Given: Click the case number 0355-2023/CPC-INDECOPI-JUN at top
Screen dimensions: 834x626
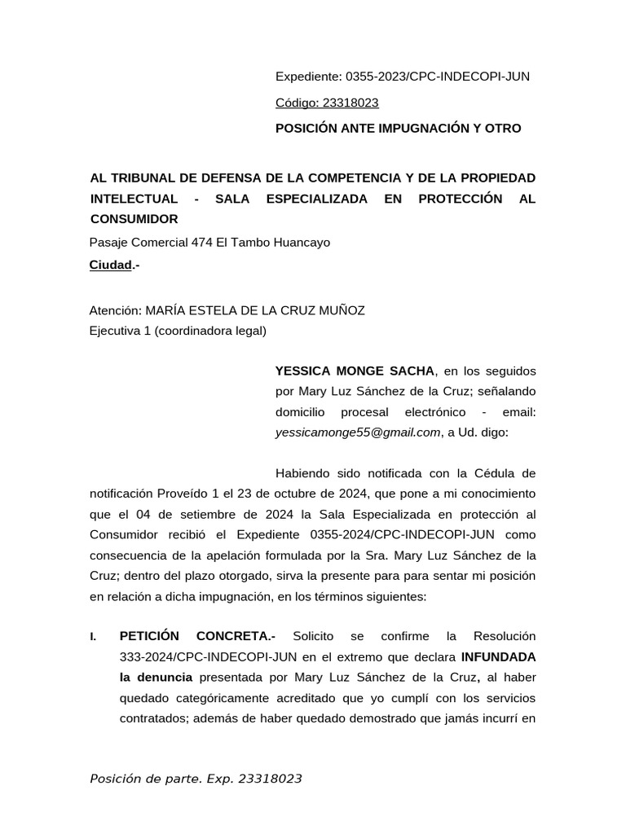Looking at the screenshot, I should (437, 77).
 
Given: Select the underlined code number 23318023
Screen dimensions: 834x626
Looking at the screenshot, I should (350, 103).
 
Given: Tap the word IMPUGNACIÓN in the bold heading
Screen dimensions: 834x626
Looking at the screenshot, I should (410, 129).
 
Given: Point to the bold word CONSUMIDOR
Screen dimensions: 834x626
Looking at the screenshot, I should (134, 219).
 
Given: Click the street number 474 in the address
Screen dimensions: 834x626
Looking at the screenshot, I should (201, 243).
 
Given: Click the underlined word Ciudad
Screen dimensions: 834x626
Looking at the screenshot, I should (110, 266).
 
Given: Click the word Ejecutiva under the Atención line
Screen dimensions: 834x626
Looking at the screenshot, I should (115, 331).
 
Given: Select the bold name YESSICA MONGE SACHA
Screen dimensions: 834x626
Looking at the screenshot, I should (356, 371).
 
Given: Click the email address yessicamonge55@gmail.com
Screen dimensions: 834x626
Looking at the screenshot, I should (358, 432).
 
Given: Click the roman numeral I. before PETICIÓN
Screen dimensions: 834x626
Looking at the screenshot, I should (93, 636).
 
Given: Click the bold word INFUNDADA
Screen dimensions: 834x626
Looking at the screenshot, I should (498, 656).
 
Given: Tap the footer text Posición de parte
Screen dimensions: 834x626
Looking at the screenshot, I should (143, 779).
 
